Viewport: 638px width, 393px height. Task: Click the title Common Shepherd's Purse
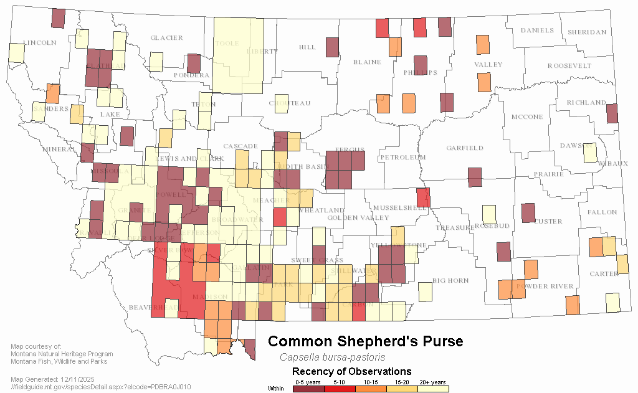pyautogui.click(x=366, y=341)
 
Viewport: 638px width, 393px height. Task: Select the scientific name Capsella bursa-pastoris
pyautogui.click(x=332, y=357)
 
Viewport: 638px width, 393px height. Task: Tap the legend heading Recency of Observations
pyautogui.click(x=351, y=372)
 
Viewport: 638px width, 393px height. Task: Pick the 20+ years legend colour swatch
pyautogui.click(x=433, y=389)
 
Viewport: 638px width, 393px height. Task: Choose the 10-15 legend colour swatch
pyautogui.click(x=371, y=389)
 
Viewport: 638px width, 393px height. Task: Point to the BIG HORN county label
pyautogui.click(x=450, y=281)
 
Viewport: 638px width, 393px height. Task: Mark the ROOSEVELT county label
pyautogui.click(x=569, y=66)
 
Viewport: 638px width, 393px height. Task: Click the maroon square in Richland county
pyautogui.click(x=612, y=113)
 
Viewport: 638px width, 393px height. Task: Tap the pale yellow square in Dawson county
pyautogui.click(x=589, y=152)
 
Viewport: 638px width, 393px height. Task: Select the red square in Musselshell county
pyautogui.click(x=423, y=197)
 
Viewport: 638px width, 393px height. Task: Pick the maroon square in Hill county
pyautogui.click(x=332, y=47)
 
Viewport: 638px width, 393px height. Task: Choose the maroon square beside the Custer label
pyautogui.click(x=528, y=213)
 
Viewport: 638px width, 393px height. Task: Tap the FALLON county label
pyautogui.click(x=601, y=212)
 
